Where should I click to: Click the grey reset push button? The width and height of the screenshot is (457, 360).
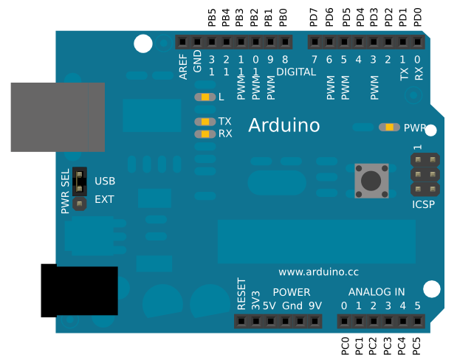371,181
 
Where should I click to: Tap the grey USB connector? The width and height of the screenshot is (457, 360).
58,117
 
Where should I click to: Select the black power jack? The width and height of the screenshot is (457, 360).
79,291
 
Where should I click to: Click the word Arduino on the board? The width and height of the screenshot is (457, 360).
284,125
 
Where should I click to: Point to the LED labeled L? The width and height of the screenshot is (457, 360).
205,97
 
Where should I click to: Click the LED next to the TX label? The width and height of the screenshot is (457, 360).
205,122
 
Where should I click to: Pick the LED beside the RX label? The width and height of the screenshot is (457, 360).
205,134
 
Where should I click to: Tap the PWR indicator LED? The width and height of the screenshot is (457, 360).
389,128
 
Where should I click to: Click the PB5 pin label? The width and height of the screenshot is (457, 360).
212,18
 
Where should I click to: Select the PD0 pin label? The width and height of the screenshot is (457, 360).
418,18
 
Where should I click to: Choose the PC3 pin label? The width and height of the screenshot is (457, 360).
388,346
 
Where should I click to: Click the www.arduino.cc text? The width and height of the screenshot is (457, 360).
318,272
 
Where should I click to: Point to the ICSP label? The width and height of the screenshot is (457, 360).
423,204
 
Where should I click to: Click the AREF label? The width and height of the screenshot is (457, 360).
183,66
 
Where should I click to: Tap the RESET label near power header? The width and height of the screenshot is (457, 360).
241,294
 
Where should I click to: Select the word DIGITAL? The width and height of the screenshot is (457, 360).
296,72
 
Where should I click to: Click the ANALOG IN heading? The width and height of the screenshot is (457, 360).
377,292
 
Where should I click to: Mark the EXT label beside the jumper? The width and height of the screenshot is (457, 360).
104,199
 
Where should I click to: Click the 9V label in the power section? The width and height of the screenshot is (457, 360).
315,306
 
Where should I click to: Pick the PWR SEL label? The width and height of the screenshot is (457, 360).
65,191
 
